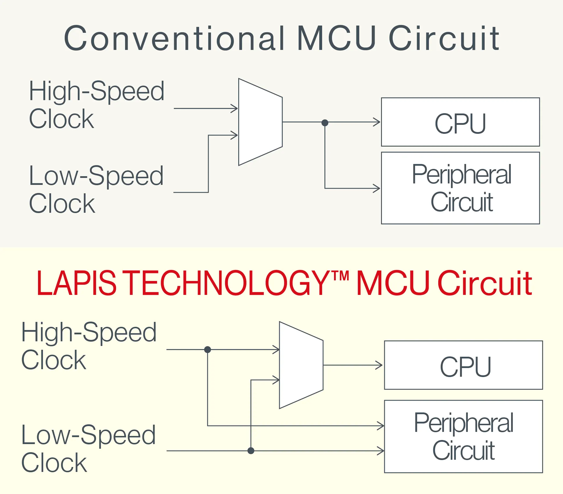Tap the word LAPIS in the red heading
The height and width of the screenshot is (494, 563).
pos(76,283)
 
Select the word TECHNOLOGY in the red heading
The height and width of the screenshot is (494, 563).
pos(227,283)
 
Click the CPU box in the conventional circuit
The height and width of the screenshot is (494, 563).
pos(460,122)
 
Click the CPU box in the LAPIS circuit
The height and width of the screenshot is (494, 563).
pos(463,365)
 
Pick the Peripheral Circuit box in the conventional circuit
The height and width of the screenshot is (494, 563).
pos(460,188)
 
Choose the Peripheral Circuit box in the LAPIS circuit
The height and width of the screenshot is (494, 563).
pos(463,437)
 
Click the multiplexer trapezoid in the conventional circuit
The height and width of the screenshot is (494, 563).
pos(260,122)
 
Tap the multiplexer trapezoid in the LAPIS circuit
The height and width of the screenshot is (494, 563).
pos(301,365)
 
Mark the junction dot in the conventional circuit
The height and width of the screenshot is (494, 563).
pos(325,123)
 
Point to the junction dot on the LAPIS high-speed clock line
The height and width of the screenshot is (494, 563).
pos(207,349)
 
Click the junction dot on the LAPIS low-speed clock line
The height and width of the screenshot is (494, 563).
pos(251,451)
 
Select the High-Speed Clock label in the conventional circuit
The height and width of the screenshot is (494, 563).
pos(97,104)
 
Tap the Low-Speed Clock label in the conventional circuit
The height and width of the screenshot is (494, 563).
pos(96,189)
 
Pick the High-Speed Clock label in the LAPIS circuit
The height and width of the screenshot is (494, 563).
pos(89,346)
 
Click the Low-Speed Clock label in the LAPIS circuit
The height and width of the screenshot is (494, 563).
pos(88,448)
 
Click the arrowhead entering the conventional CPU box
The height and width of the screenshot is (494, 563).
pos(377,122)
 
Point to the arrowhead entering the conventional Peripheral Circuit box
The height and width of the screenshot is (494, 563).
pos(377,188)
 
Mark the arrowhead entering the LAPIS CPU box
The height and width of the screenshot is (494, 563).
pos(379,365)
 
